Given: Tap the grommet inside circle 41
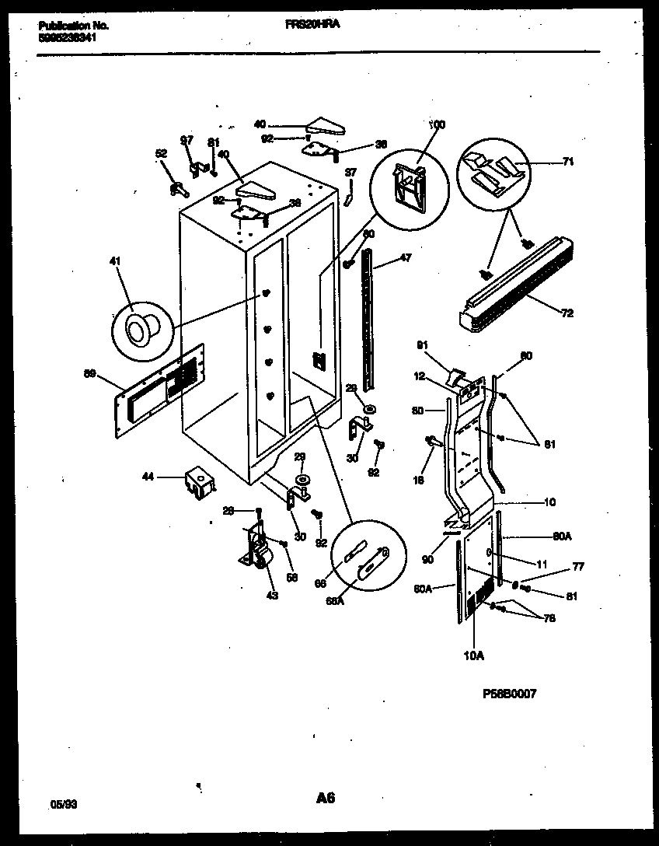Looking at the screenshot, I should pyautogui.click(x=140, y=329).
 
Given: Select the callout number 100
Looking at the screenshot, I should pyautogui.click(x=438, y=124).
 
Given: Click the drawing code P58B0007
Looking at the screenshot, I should pyautogui.click(x=509, y=694).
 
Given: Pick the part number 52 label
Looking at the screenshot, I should pyautogui.click(x=161, y=153).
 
